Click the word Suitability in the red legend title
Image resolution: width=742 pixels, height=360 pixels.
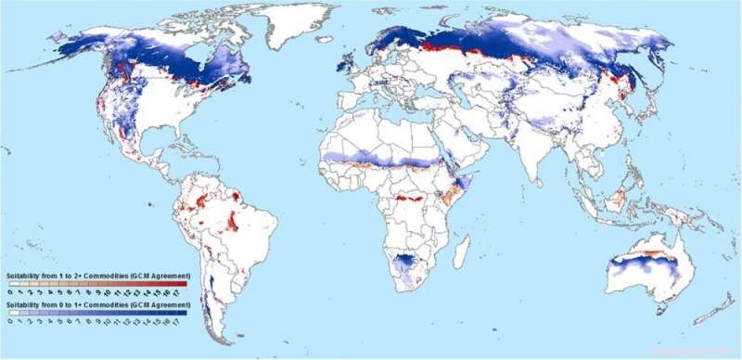pyautogui.click(x=26, y=276)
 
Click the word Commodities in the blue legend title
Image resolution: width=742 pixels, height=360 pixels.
pyautogui.click(x=111, y=303)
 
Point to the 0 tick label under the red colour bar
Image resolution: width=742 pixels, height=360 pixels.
pyautogui.click(x=9, y=291)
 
